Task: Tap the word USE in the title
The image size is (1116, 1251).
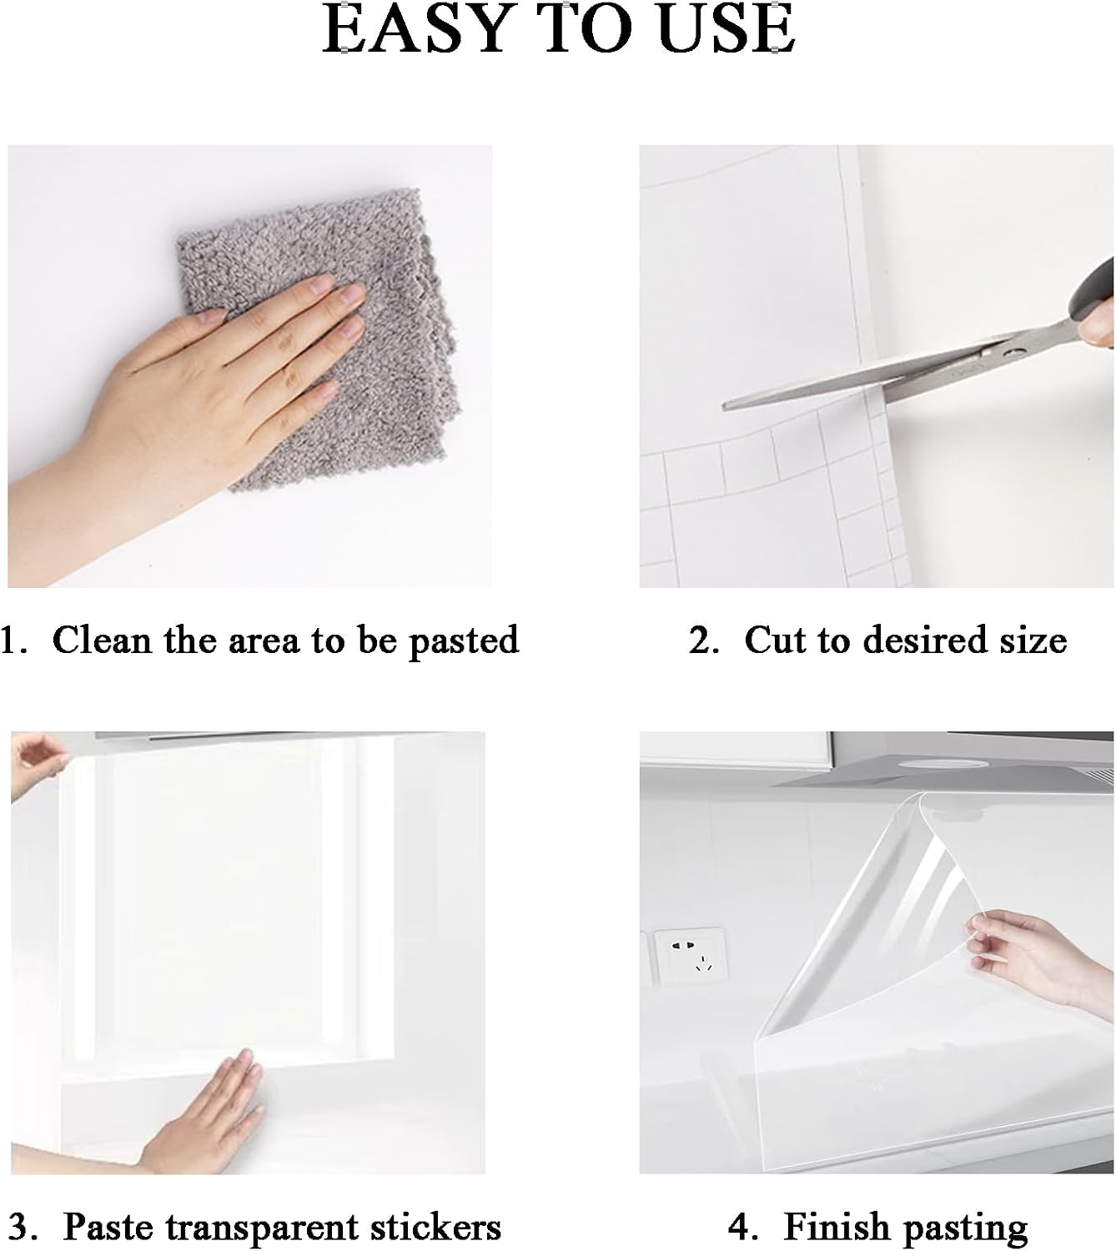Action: (x=726, y=28)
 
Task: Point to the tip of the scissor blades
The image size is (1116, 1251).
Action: (x=726, y=405)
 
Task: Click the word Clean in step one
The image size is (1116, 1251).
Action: (x=102, y=640)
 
